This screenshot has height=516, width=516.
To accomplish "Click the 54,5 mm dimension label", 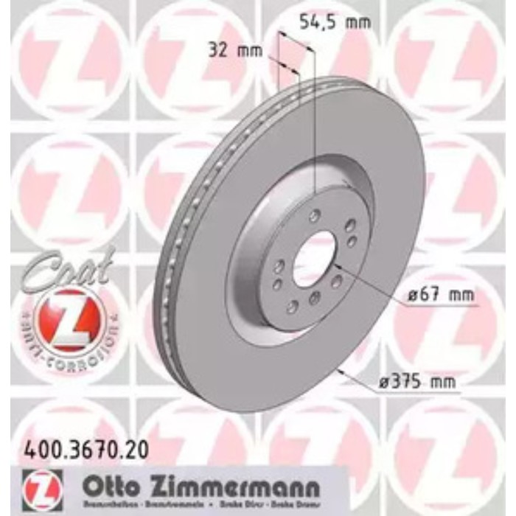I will tap(334, 21).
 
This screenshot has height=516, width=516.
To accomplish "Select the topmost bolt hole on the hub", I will tap(315, 215).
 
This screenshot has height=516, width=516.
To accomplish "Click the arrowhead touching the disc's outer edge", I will tap(341, 370).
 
